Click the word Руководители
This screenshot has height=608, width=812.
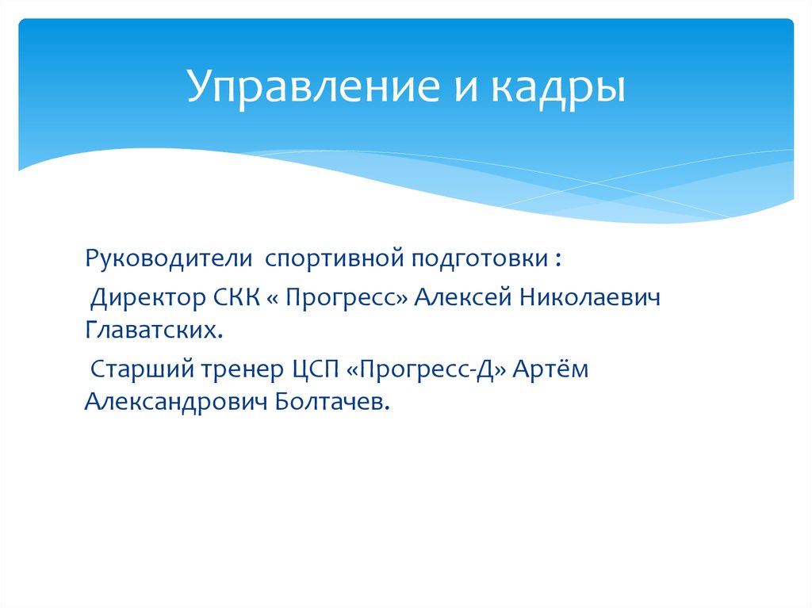169,260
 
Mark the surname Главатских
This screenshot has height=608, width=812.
151,330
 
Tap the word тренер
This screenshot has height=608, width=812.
239,370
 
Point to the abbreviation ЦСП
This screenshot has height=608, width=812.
313,370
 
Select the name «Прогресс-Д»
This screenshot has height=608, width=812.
425,370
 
